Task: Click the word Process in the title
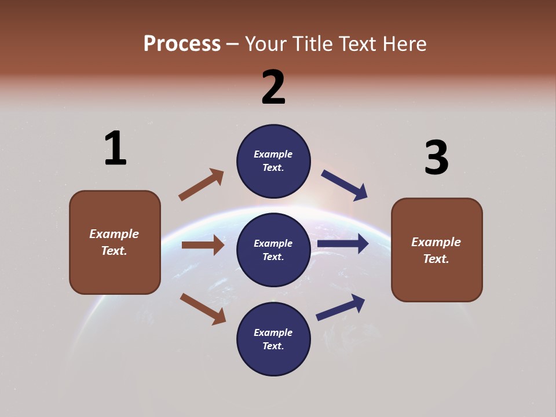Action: pyautogui.click(x=182, y=43)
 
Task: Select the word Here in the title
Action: pyautogui.click(x=403, y=43)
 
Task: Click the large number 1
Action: pyautogui.click(x=115, y=148)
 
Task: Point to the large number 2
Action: pyautogui.click(x=273, y=87)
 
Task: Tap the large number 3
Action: pyautogui.click(x=436, y=158)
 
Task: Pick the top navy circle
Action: pyautogui.click(x=273, y=161)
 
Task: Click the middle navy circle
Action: pyautogui.click(x=273, y=250)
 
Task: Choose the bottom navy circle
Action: pyautogui.click(x=273, y=339)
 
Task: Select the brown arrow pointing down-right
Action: pyautogui.click(x=203, y=309)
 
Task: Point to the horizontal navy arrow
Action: pyautogui.click(x=342, y=244)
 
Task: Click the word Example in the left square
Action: pyautogui.click(x=114, y=234)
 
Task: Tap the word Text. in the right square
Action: pyautogui.click(x=436, y=259)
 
